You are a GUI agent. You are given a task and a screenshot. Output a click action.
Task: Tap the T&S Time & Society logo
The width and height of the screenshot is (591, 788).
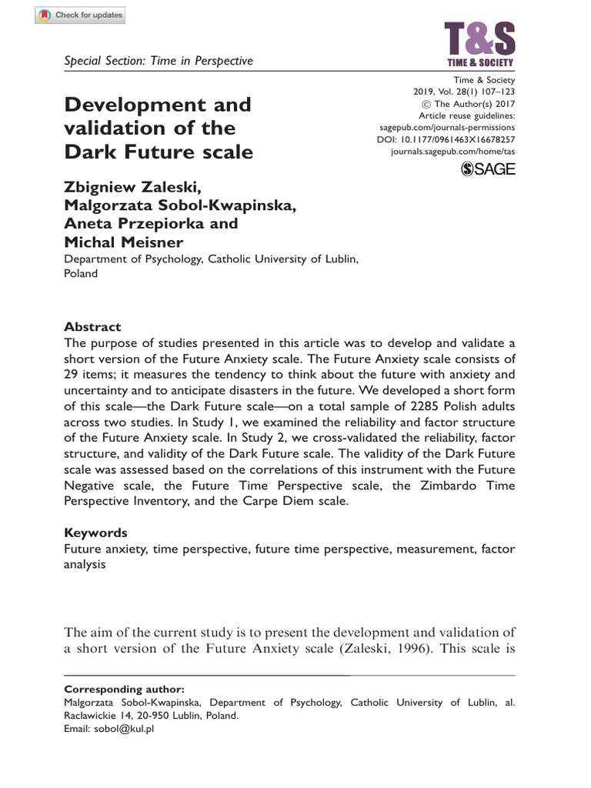click(480, 44)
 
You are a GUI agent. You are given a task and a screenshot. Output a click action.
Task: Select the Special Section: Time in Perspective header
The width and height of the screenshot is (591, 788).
click(158, 61)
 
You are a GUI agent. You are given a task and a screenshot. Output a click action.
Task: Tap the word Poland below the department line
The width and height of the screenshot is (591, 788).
click(80, 273)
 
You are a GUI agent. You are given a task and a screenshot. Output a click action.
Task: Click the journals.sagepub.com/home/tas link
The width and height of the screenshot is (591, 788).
click(453, 152)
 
